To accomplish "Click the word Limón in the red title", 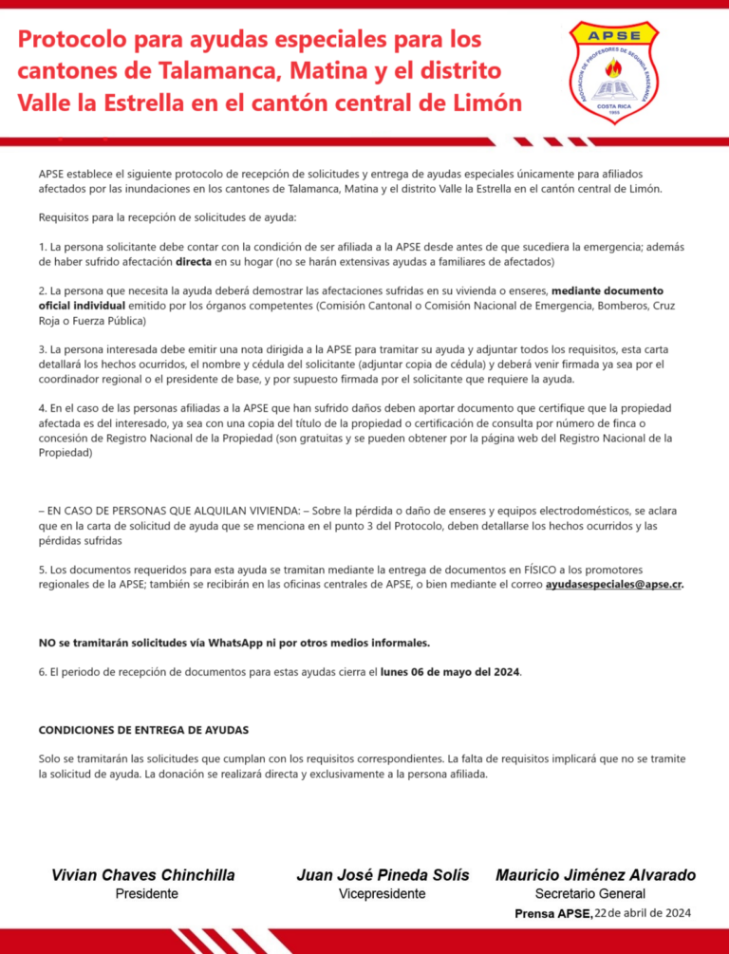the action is [x=486, y=102].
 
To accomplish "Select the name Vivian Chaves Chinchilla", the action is [x=143, y=874].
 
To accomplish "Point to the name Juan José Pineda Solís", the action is [x=383, y=874].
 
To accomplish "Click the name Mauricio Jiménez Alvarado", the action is [x=595, y=874].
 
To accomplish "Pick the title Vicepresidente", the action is [x=383, y=893].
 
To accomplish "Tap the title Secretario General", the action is [x=589, y=893].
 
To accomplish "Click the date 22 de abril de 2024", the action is [x=644, y=913].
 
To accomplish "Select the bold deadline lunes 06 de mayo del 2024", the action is [x=450, y=672].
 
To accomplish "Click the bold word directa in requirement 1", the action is [x=194, y=260].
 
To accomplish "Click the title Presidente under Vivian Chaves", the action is [x=146, y=893].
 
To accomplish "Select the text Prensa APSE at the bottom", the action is [x=552, y=913].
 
